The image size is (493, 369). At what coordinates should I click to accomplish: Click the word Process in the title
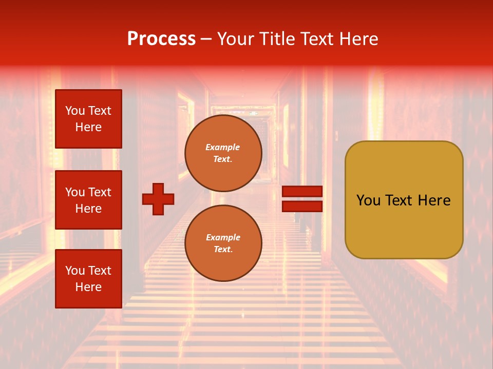coord(161,39)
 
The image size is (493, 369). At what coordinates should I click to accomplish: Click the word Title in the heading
coord(278,39)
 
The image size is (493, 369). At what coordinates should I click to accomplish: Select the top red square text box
coord(88,119)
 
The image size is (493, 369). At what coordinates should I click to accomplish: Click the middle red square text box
coord(88,200)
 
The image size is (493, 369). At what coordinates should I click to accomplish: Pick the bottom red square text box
coord(88,279)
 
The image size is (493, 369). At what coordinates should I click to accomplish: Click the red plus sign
coord(158,199)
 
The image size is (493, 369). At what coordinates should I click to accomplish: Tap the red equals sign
coord(302,199)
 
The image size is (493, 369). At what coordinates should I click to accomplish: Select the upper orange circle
coord(223,153)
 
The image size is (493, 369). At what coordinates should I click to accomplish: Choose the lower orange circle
coord(223,243)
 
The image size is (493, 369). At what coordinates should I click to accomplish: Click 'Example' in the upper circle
coord(223,147)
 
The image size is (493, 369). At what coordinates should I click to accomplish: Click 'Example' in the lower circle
coord(223,237)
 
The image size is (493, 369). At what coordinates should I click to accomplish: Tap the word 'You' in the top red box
coord(75,111)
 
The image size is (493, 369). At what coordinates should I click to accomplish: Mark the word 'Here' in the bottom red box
coord(88,287)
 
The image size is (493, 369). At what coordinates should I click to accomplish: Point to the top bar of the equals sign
coord(302,191)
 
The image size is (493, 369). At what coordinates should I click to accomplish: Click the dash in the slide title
coord(206,39)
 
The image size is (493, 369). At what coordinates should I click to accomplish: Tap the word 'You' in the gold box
coord(368,200)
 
